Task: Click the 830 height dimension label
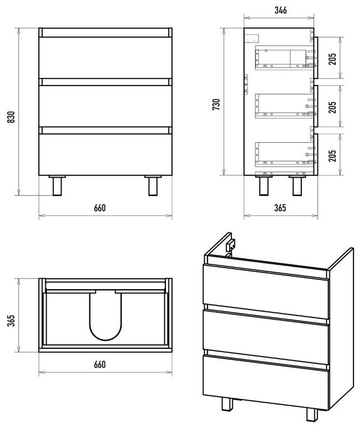pos(11,117)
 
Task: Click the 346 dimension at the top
pos(281,10)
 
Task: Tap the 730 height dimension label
pos(216,104)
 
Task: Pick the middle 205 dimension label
pos(333,107)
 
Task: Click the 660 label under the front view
pos(100,208)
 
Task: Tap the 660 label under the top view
pos(100,364)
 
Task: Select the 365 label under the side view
pos(280,208)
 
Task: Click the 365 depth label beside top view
pos(11,321)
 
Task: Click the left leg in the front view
pos(57,186)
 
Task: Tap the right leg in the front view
pos(153,186)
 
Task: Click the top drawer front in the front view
pos(106,58)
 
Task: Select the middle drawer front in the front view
pos(106,106)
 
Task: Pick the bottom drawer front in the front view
pos(106,155)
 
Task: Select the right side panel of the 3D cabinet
pos(341,328)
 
